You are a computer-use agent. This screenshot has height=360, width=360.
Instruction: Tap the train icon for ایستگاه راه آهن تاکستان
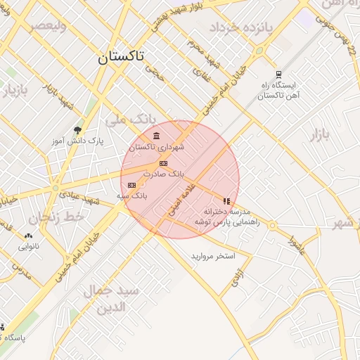point(279,75)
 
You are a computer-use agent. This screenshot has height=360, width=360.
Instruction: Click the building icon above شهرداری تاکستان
point(155,136)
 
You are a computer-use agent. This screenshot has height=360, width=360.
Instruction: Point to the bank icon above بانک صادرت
point(164,162)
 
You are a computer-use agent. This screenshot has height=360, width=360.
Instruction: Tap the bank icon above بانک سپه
point(131,185)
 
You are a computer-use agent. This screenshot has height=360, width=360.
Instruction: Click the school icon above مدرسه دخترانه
point(226,201)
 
